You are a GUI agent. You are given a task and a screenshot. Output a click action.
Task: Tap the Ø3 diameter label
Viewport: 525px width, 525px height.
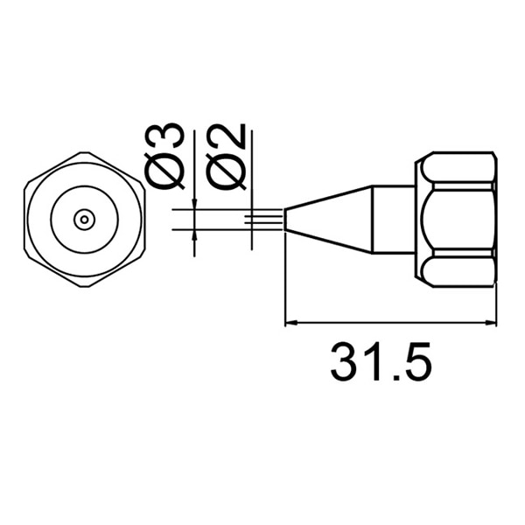click(x=165, y=157)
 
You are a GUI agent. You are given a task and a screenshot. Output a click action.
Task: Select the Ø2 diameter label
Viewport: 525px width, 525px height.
click(x=226, y=157)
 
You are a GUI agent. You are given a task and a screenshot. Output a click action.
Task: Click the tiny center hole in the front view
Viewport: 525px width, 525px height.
click(x=83, y=220)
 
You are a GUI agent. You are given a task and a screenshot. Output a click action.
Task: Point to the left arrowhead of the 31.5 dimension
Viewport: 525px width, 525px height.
click(x=292, y=324)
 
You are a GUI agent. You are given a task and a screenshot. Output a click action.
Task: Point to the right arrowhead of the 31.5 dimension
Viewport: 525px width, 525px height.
click(x=491, y=324)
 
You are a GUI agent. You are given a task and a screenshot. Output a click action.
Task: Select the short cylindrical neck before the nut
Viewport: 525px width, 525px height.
click(x=394, y=220)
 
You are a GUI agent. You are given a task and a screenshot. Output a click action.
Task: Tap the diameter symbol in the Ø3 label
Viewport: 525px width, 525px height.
click(x=165, y=173)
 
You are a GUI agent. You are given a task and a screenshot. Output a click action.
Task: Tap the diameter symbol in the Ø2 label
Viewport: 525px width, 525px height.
click(x=226, y=173)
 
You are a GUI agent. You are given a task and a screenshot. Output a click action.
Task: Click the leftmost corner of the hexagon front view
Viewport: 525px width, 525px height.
click(x=25, y=220)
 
